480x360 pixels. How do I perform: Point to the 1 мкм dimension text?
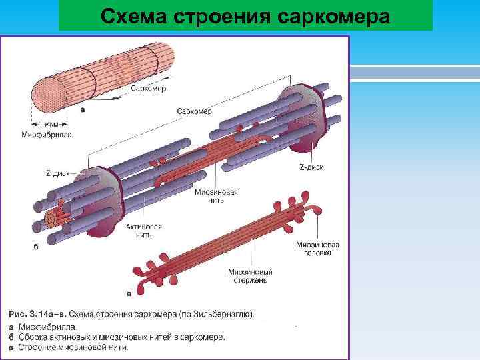coord(48,125)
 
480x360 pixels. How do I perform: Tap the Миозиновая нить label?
coord(217,196)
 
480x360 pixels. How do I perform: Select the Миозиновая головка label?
coord(317,249)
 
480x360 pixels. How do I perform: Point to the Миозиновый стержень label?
coord(250,276)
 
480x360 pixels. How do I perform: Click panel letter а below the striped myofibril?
coord(83,111)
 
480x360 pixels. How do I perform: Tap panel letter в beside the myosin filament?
coord(129,292)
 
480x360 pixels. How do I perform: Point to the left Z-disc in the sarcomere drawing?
coord(107,197)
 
